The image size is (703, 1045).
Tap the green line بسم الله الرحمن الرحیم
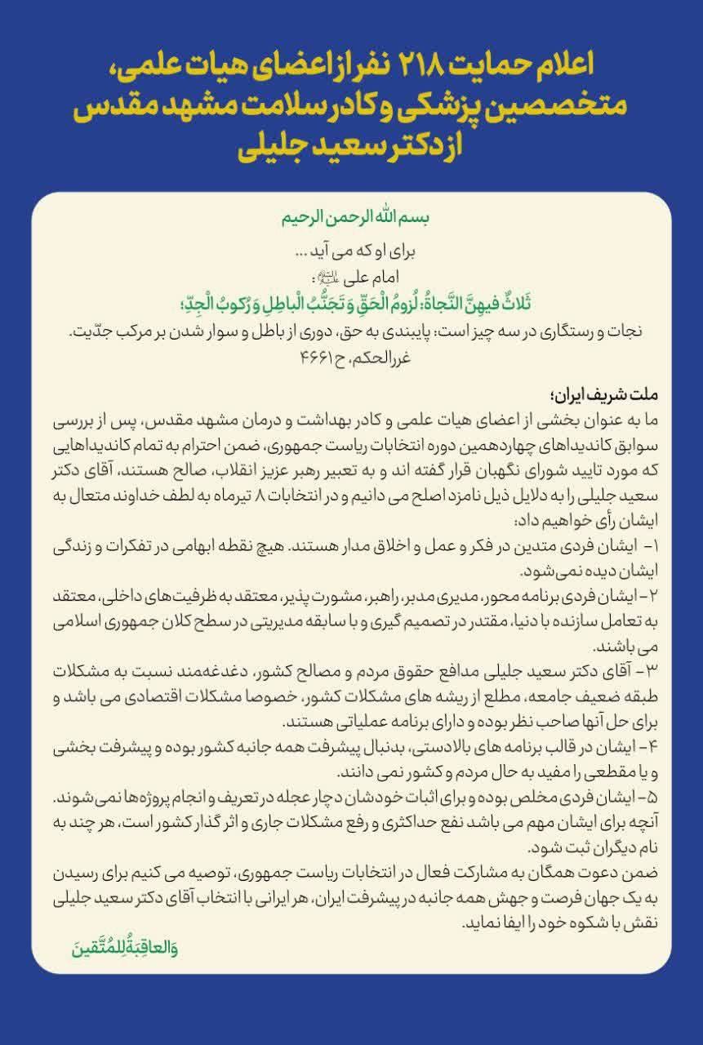coord(352,220)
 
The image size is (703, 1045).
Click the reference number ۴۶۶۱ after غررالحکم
coord(321,356)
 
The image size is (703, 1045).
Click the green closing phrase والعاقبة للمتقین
coord(125,949)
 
